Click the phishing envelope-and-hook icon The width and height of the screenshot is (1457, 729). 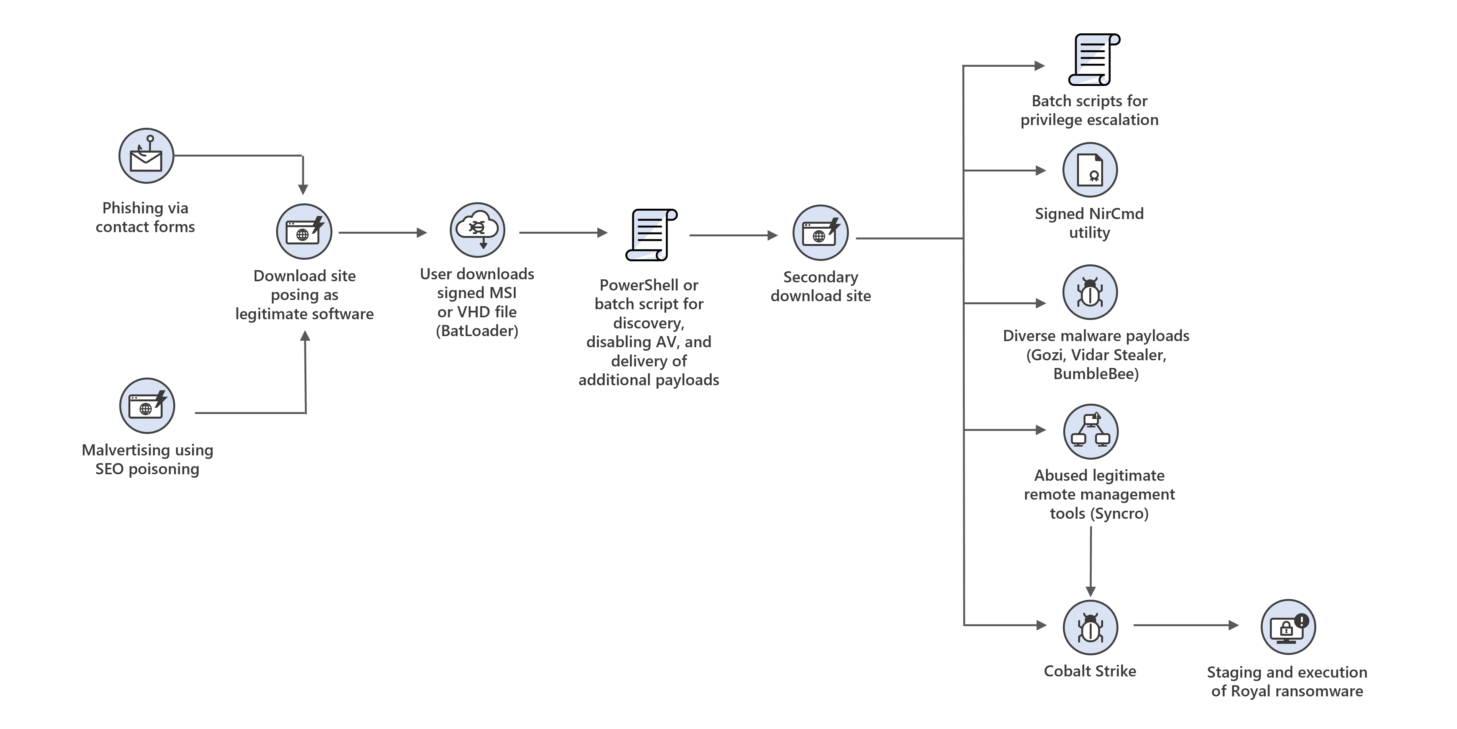(x=146, y=156)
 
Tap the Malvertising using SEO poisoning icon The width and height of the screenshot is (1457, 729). (x=147, y=406)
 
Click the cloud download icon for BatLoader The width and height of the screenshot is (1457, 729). (x=477, y=230)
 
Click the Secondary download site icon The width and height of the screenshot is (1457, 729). (x=820, y=233)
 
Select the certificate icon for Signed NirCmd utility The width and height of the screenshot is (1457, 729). (x=1090, y=170)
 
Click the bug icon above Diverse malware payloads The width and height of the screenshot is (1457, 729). (x=1090, y=292)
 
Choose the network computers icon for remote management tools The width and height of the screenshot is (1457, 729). (x=1090, y=431)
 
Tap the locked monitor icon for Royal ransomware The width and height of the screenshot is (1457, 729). (x=1288, y=627)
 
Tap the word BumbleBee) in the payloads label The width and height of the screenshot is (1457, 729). (x=1095, y=374)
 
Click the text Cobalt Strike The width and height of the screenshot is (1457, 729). (x=1089, y=671)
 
